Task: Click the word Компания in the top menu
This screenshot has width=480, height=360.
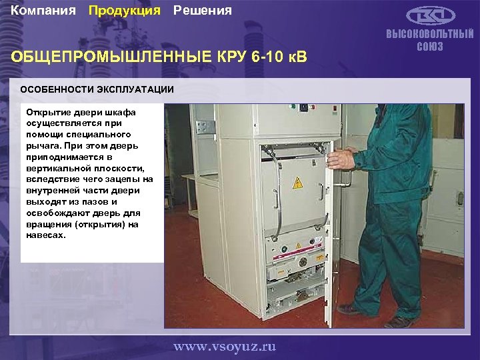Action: pos(43,11)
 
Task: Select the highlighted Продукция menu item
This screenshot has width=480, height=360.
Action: pos(125,11)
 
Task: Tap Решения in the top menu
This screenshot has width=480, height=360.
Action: pos(203,11)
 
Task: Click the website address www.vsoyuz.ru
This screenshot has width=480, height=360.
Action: pos(225,347)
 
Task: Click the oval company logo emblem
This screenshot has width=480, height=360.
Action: pos(429,15)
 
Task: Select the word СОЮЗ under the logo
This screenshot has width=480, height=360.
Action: pos(430,47)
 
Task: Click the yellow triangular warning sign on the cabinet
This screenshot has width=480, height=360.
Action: pos(298,183)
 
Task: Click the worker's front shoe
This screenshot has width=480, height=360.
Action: pos(349,309)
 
